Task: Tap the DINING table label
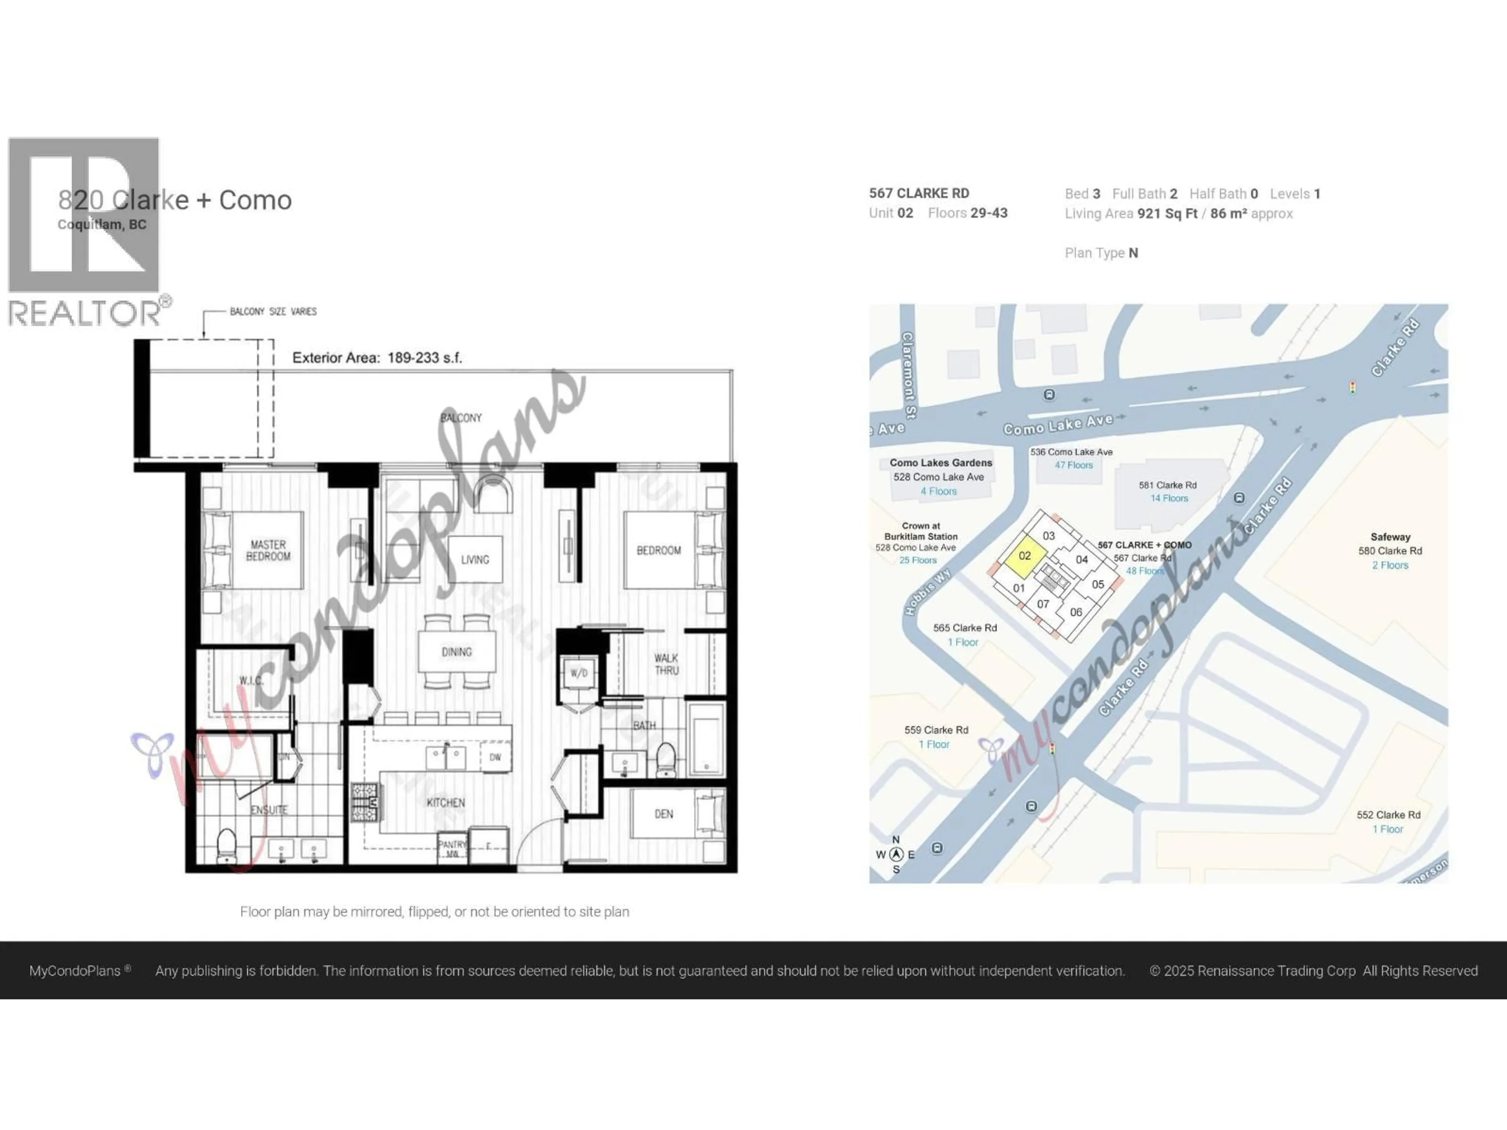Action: (x=456, y=652)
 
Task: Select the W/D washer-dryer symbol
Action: (x=578, y=673)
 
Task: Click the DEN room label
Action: (x=664, y=814)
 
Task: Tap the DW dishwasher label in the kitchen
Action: (x=495, y=757)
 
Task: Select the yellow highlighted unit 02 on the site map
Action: (x=1025, y=556)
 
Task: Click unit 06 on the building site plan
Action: (x=1076, y=612)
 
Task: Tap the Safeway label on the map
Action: (x=1390, y=537)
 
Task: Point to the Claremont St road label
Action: (x=909, y=375)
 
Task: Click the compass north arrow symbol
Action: (x=896, y=854)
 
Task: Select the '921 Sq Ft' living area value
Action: (x=1167, y=214)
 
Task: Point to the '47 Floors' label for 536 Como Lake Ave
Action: (x=1074, y=465)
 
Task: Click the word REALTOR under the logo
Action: (x=85, y=314)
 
